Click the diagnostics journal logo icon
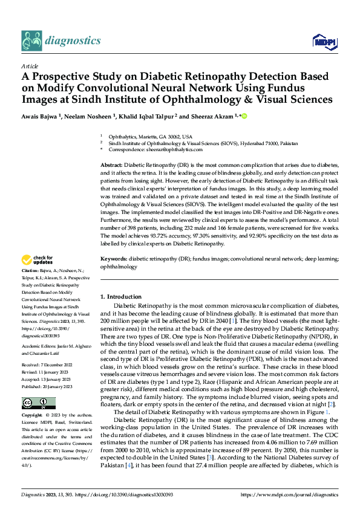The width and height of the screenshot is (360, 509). (x=31, y=41)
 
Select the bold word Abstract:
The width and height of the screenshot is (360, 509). (x=111, y=165)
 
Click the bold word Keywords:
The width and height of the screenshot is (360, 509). (x=113, y=258)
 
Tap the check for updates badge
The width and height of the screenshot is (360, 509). (x=38, y=261)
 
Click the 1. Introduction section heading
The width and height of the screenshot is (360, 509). (x=120, y=297)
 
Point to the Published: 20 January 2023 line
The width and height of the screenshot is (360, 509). (x=48, y=386)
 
